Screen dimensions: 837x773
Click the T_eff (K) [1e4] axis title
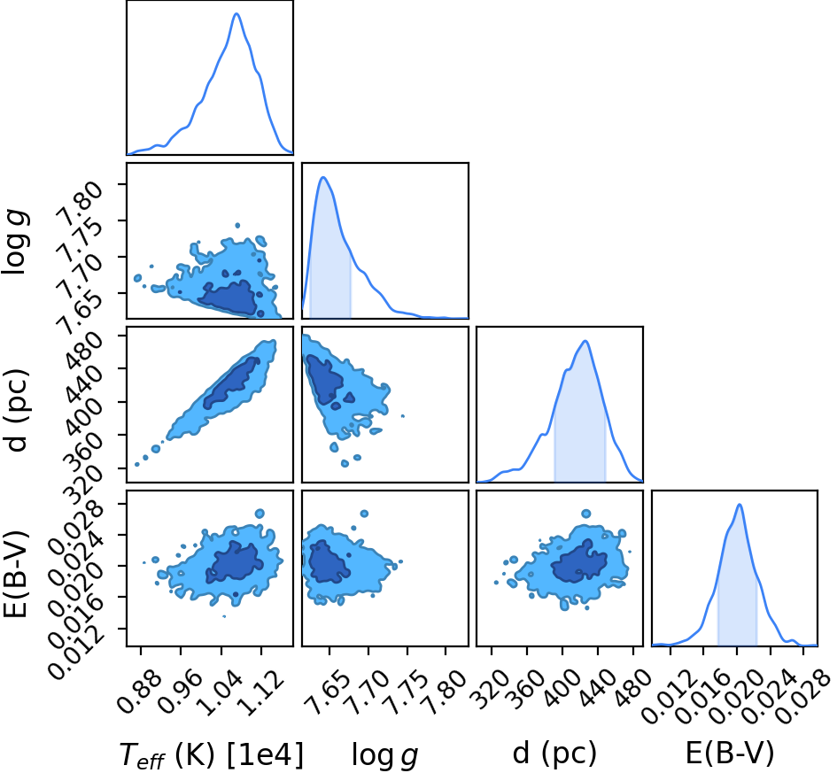tap(212, 755)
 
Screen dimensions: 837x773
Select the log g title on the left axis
tap(16, 243)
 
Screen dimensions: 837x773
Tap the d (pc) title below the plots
tap(554, 754)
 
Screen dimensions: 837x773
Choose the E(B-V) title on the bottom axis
tap(729, 754)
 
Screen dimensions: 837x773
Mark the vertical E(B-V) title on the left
tap(16, 575)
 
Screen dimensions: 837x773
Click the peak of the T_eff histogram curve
tap(236, 14)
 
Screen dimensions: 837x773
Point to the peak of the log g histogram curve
tap(323, 177)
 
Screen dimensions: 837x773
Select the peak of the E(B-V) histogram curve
tap(740, 504)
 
